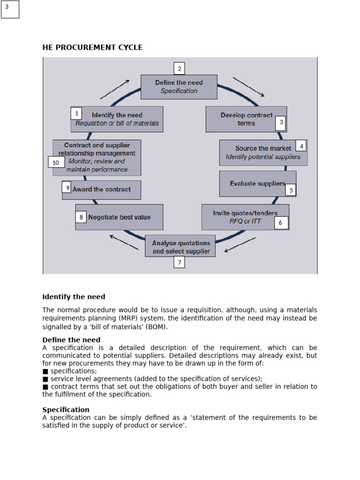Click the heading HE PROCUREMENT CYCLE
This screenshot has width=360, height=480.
tap(92, 47)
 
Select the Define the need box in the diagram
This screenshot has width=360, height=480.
tap(179, 87)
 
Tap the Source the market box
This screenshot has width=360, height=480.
tap(263, 152)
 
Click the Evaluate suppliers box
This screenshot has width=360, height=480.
tap(257, 183)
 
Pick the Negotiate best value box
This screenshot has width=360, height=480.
tap(119, 217)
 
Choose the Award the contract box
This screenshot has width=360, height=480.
tap(101, 189)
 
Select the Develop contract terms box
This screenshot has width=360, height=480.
tap(246, 119)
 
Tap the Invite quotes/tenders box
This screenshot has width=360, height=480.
tap(245, 217)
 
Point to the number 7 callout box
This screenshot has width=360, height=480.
tap(179, 262)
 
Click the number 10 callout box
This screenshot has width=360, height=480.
tap(56, 162)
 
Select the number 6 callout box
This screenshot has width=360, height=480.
tap(281, 223)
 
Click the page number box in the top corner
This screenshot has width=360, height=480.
tap(10, 9)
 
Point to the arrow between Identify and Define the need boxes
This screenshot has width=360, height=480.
tap(115, 89)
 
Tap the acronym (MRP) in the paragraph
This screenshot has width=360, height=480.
tap(122, 318)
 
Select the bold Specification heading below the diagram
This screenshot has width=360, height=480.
tap(66, 410)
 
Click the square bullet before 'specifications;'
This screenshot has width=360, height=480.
tap(45, 371)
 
